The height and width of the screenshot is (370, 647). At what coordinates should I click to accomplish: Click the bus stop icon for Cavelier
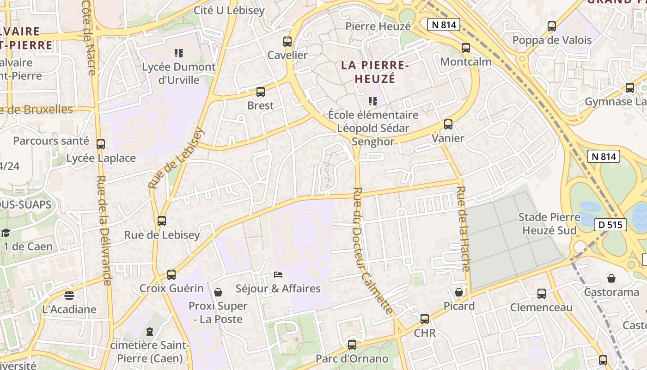click(287, 42)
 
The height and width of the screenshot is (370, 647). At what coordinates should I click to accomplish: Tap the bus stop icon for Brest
click(261, 92)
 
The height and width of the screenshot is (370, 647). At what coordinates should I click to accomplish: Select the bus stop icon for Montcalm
click(466, 48)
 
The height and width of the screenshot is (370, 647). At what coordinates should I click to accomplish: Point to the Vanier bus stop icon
click(448, 124)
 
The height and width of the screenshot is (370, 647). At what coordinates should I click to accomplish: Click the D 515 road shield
click(610, 225)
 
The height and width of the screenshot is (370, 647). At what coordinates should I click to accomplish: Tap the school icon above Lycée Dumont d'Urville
click(179, 53)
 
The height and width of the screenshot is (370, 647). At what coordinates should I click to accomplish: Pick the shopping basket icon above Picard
click(459, 292)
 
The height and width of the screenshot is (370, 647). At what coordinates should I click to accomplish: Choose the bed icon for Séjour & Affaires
click(278, 275)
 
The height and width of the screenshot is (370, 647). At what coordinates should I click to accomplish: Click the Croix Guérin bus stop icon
click(171, 275)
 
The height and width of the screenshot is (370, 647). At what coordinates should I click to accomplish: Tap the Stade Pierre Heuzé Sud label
click(549, 223)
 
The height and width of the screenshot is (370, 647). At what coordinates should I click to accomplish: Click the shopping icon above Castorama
click(611, 278)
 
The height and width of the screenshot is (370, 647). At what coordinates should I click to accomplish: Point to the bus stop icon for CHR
click(425, 319)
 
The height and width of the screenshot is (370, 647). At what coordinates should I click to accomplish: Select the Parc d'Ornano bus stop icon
click(352, 345)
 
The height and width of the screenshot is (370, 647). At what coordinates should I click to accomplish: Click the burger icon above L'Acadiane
click(69, 295)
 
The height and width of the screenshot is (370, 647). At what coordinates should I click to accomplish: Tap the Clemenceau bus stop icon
click(542, 293)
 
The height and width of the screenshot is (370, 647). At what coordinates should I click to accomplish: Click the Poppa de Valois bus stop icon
click(552, 26)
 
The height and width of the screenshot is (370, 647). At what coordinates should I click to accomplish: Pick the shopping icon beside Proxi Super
click(218, 292)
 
